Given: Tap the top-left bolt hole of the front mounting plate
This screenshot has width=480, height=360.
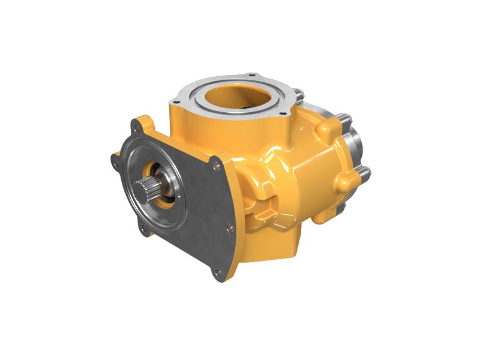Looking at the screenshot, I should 136,127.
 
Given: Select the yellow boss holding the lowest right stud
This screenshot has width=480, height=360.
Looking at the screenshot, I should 345,180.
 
